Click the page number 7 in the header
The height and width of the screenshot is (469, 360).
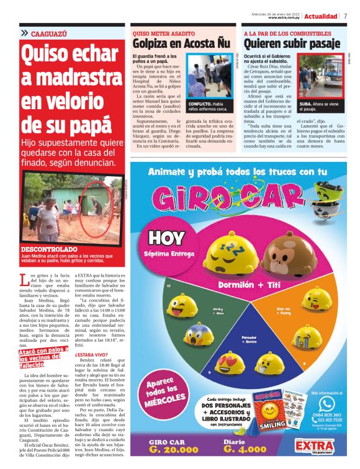[345, 16]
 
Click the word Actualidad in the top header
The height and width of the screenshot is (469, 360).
[322, 16]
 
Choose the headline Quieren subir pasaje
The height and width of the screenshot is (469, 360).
[292, 44]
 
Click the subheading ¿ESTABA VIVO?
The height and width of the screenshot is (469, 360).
[93, 354]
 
